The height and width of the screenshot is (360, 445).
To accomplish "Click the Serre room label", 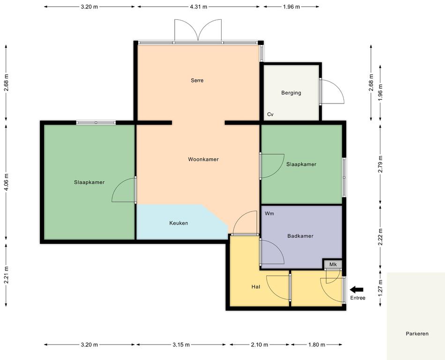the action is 197,80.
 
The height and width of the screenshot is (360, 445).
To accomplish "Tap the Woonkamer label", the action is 203,159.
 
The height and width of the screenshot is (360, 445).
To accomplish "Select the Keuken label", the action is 178,223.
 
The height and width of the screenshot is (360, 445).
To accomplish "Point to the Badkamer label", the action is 300,236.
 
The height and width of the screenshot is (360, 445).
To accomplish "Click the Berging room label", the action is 291,93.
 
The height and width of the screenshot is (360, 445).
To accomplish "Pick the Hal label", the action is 256,287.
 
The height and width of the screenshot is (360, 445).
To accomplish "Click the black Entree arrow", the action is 356,290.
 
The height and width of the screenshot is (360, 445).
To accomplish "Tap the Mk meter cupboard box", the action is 333,264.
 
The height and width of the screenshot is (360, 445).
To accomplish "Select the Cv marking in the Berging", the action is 270,114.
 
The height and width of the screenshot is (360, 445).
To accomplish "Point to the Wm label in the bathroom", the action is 269,213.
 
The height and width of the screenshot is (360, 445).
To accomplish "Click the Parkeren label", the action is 417,334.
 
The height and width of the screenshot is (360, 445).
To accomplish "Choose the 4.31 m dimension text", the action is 199,7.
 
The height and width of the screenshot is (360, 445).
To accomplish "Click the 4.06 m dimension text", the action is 7,182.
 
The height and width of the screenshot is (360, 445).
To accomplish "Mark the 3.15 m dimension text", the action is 181,345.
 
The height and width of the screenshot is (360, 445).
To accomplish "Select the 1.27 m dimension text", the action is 380,288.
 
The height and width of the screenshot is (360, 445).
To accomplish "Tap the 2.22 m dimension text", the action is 380,237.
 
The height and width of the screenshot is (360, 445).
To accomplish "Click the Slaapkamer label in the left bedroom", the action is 89,182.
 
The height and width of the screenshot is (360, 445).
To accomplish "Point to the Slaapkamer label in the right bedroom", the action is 301,164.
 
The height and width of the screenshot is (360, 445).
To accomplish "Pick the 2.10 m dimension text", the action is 260,345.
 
